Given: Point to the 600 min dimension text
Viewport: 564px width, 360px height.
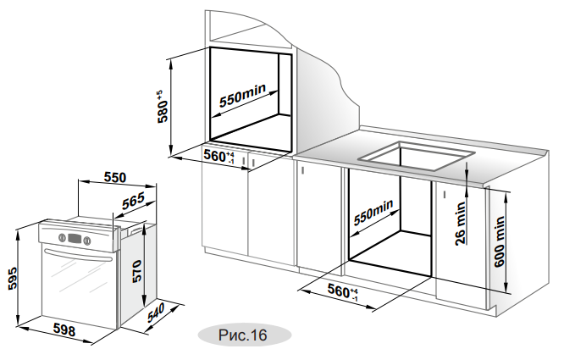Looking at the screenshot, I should [x=500, y=241].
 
